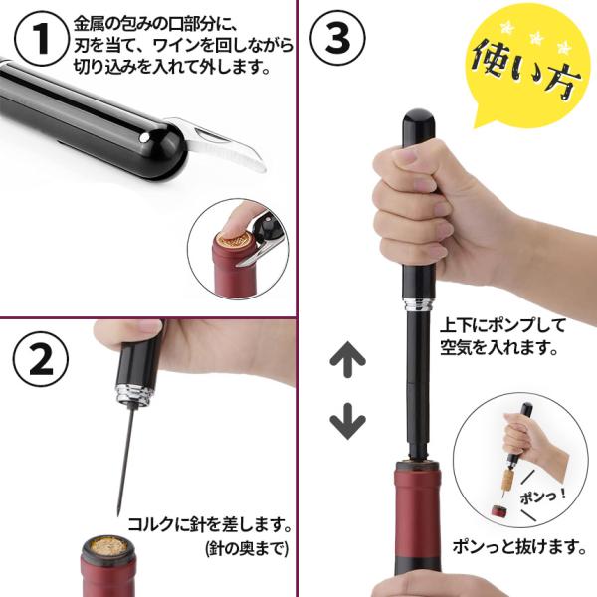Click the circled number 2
(x=41, y=359)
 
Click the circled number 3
(x=337, y=38)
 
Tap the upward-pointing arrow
(x=347, y=359)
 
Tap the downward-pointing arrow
(x=347, y=422)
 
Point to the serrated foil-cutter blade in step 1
(x=221, y=145)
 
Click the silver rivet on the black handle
(x=144, y=138)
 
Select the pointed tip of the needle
(x=118, y=514)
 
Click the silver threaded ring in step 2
(x=134, y=394)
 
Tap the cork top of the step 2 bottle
(x=109, y=545)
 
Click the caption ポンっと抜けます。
(x=519, y=547)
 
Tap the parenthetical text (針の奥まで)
(x=247, y=549)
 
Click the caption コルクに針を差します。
(x=209, y=524)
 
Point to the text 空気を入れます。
(x=498, y=347)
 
